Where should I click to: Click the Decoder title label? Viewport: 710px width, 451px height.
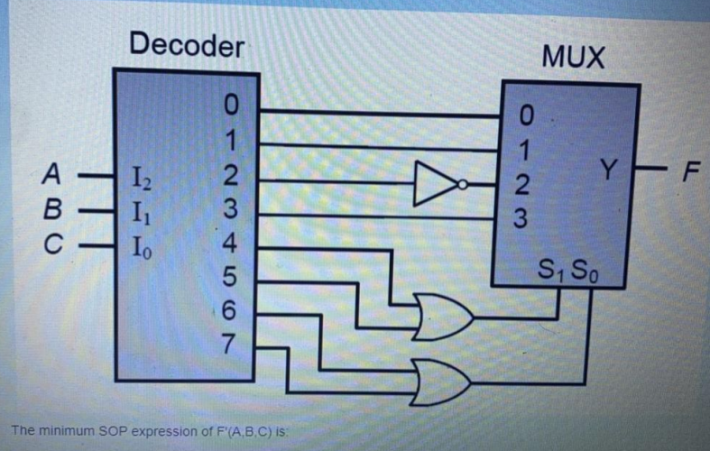186,45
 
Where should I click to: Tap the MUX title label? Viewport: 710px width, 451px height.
574,58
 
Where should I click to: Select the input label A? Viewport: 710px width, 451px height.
56,170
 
